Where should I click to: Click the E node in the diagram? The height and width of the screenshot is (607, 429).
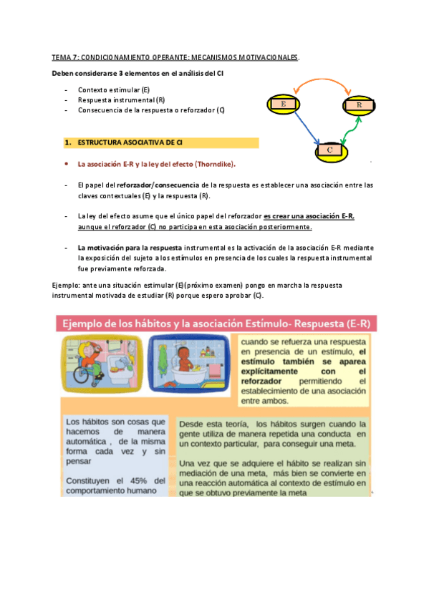(x=284, y=105)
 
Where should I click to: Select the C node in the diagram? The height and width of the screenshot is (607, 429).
(x=329, y=150)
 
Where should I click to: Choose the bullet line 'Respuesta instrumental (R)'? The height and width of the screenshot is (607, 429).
(x=121, y=100)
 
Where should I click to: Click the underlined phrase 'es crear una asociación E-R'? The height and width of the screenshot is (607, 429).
(x=309, y=216)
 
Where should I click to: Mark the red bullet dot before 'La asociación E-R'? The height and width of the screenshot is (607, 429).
(x=66, y=164)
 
